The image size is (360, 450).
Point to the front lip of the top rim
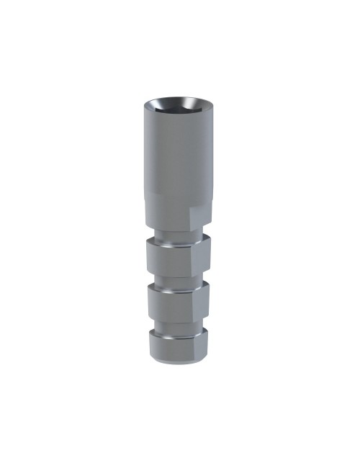coord(176,115)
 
